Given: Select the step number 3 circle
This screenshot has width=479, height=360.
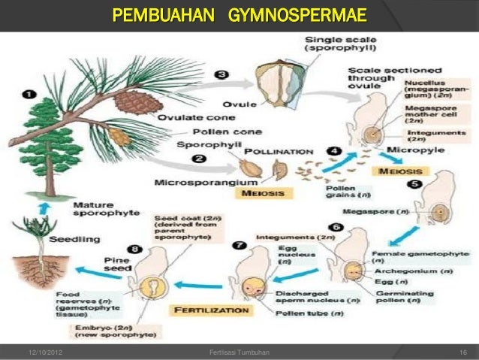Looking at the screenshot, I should (x=222, y=75).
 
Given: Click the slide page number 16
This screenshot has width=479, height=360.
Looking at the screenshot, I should (x=463, y=352).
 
